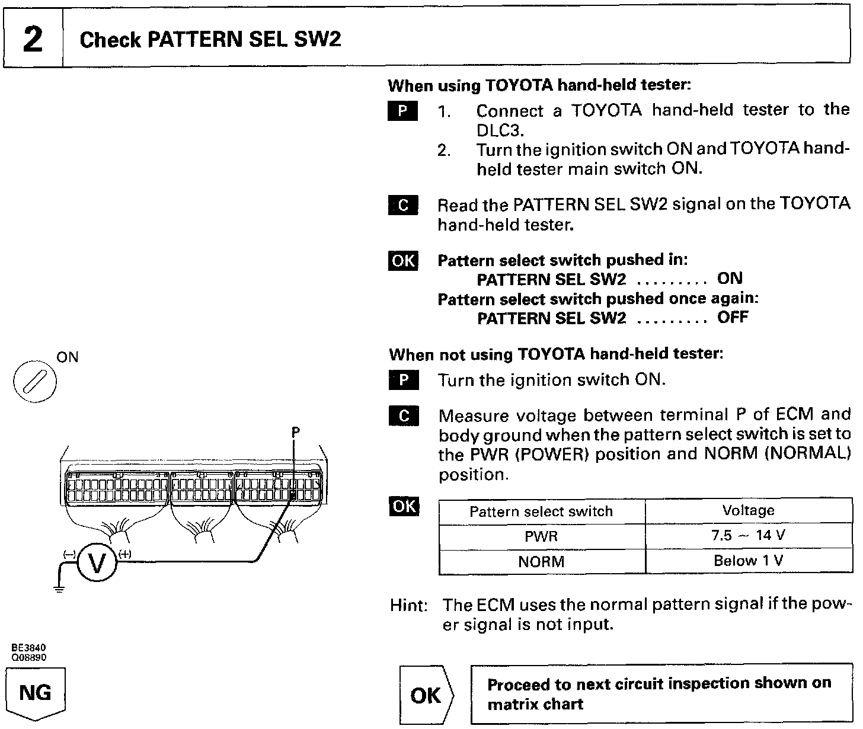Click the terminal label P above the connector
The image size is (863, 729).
point(295,433)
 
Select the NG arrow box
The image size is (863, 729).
point(36,693)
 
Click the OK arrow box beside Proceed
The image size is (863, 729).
point(426,695)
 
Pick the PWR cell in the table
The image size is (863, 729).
point(541,536)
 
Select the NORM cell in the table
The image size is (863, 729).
point(541,561)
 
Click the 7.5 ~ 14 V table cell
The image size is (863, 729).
point(748,536)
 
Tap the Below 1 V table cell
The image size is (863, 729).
point(748,561)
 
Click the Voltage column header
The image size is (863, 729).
point(748,510)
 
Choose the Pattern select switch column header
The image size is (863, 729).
point(541,511)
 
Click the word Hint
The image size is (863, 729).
point(408,606)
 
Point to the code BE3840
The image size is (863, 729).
point(28,648)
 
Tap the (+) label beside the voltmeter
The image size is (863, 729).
point(125,554)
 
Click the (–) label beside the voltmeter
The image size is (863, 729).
point(69,554)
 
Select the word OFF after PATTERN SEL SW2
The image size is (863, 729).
point(733,317)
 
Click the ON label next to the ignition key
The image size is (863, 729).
point(67,357)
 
